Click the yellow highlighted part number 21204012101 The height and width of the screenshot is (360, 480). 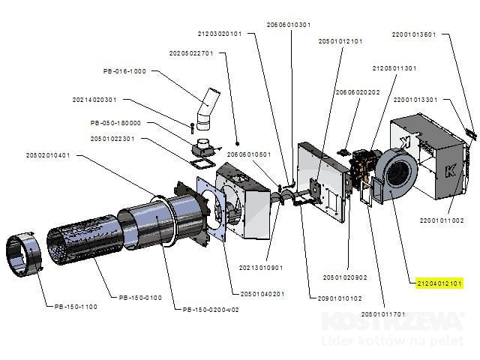pyautogui.click(x=441, y=283)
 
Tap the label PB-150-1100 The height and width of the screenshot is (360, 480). pyautogui.click(x=76, y=306)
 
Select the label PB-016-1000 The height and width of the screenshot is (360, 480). pyautogui.click(x=124, y=71)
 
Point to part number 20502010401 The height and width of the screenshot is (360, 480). pyautogui.click(x=48, y=155)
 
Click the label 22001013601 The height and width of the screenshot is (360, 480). pyautogui.click(x=414, y=34)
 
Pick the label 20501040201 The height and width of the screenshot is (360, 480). pyautogui.click(x=262, y=293)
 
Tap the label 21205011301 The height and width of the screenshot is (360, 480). pyautogui.click(x=394, y=67)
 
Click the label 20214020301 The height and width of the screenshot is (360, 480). pyautogui.click(x=95, y=100)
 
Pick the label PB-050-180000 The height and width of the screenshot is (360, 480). pyautogui.click(x=115, y=122)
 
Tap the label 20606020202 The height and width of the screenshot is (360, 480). pyautogui.click(x=358, y=92)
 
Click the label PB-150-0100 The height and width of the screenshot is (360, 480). pyautogui.click(x=140, y=298)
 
